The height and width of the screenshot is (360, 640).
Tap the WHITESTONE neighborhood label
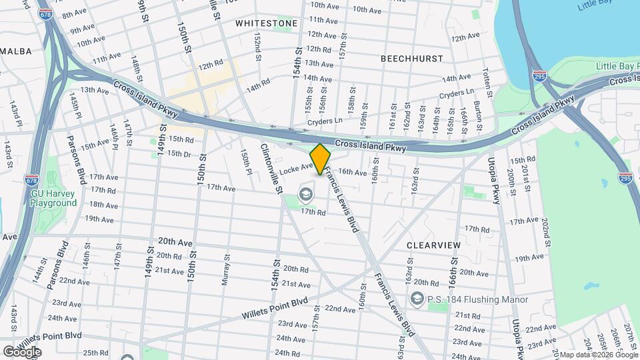[x=267, y=23]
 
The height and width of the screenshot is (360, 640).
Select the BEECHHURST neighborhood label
[x=411, y=59]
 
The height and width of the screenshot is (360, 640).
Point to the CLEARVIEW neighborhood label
[x=433, y=245]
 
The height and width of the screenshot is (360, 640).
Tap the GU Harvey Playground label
[x=53, y=198]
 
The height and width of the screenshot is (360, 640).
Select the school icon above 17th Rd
[x=307, y=195]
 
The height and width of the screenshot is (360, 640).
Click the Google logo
[x=21, y=351]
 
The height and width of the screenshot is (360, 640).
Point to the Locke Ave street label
[x=296, y=170]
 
